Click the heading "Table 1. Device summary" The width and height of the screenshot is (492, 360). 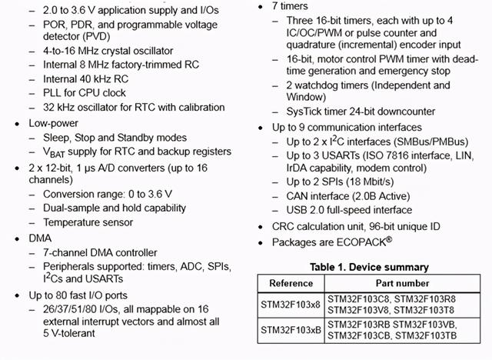point(368,267)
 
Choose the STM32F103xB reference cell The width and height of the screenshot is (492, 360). point(291,330)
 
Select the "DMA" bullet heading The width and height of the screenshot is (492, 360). point(41,238)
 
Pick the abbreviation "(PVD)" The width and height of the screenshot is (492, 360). point(103,37)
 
